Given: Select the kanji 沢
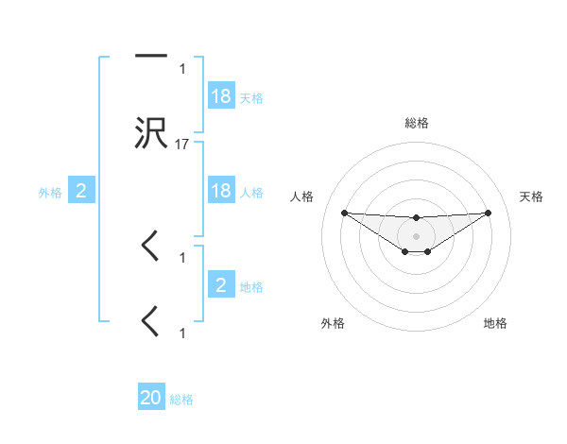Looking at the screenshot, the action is [x=151, y=133].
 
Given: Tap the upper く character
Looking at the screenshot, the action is [x=150, y=247].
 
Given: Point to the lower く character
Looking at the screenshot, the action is [x=150, y=322].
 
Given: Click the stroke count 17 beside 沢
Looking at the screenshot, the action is [x=183, y=145].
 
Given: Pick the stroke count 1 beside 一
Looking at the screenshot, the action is [x=182, y=68].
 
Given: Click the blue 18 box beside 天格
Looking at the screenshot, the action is [x=221, y=95].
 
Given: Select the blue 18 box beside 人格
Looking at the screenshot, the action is [x=221, y=190].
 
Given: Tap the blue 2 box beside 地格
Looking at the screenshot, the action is [x=221, y=284].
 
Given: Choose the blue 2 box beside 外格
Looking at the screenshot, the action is [x=81, y=191].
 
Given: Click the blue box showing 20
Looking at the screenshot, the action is [x=151, y=398].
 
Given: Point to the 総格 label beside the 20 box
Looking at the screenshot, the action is [x=181, y=400].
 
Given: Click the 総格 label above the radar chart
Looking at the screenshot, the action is [x=416, y=123].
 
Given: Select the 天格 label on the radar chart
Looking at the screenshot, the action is [x=532, y=196].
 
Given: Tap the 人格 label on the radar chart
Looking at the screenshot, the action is [x=303, y=196].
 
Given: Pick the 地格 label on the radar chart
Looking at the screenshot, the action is [x=495, y=323].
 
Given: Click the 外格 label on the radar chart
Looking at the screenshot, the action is [x=333, y=323].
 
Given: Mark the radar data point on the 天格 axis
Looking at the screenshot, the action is [x=488, y=213].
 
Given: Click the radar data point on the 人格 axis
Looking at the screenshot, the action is [x=344, y=213].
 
